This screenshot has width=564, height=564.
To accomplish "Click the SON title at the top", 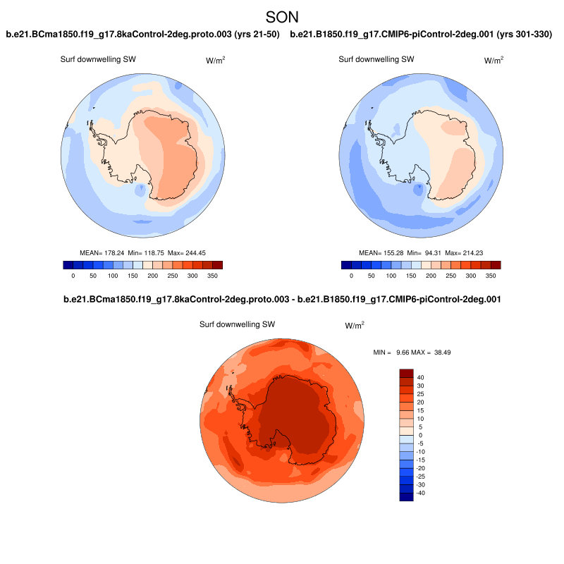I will (x=282, y=16).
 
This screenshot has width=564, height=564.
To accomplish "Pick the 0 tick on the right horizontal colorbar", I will (x=351, y=277).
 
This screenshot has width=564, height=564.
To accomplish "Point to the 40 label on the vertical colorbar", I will (x=420, y=377).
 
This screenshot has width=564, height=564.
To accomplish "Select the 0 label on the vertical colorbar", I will (x=421, y=435).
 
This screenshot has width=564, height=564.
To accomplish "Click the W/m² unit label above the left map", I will (x=216, y=61).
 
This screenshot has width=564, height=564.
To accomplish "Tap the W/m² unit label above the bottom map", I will (x=355, y=326).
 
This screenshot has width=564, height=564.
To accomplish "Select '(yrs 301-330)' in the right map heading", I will (x=525, y=34).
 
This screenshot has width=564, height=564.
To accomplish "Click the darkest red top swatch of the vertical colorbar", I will (x=406, y=372).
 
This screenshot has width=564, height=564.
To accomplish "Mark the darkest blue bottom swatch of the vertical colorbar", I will (x=406, y=496).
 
